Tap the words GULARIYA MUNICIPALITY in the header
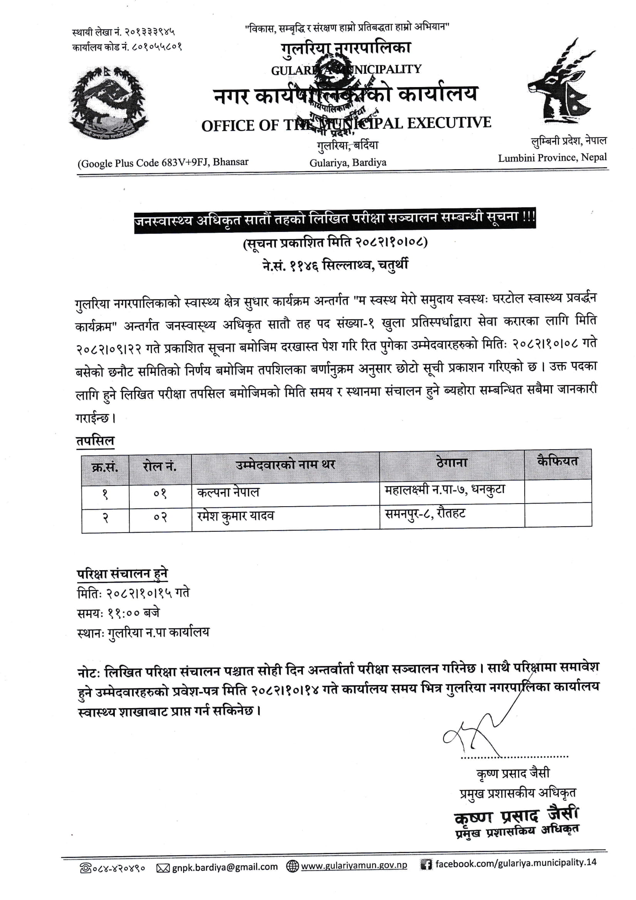pos(346,70)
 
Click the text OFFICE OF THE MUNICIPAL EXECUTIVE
pos(346,124)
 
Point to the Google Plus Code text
pos(163,162)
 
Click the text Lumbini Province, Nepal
pos(552,158)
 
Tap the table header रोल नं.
pos(159,467)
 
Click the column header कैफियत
pos(557,462)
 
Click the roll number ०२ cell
pos(160,517)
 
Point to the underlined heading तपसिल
pos(95,441)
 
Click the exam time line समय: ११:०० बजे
pos(118,613)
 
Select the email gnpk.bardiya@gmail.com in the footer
pos(225,867)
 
